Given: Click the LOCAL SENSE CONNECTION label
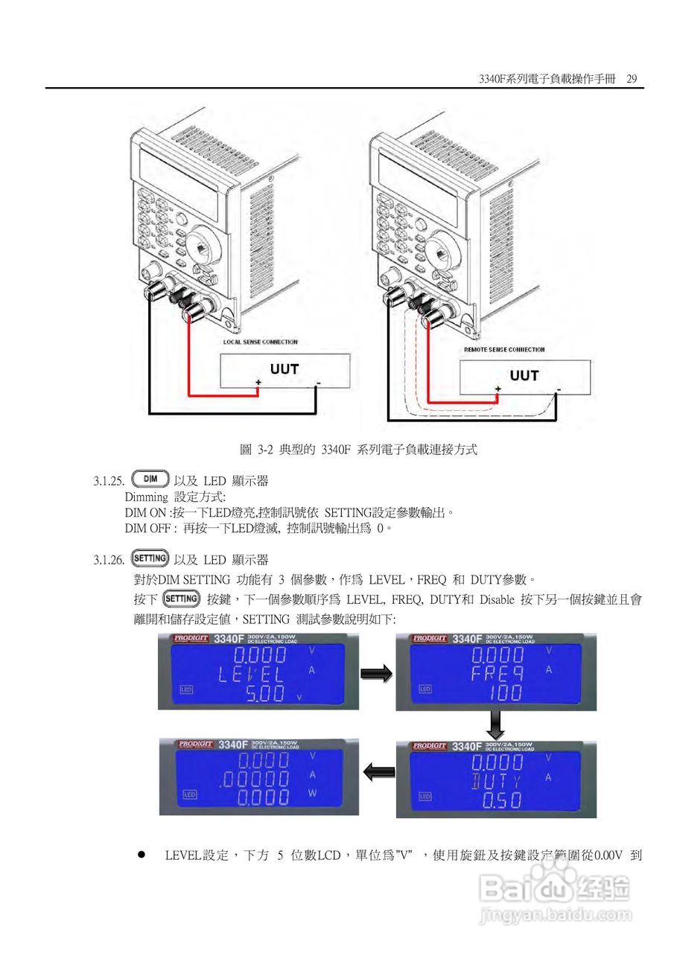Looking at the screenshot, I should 261,342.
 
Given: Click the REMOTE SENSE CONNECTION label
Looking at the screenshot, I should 504,349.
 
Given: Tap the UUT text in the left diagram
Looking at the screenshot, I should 284,369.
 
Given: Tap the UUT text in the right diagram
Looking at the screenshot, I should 524,375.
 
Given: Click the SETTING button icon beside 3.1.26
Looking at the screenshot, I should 150,558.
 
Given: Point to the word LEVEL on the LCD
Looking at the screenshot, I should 251,675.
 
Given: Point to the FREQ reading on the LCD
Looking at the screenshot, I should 497,675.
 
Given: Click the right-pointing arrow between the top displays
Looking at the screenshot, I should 375,674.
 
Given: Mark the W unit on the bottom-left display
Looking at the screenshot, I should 313,794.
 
